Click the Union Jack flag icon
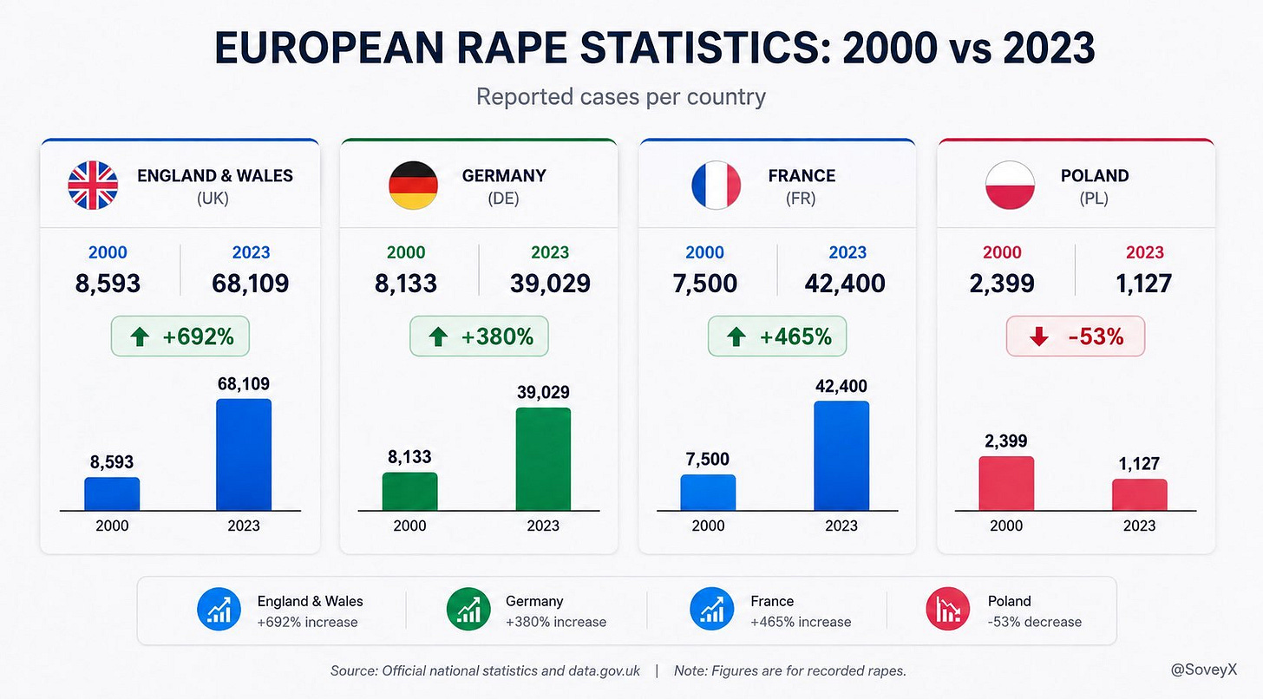(93, 186)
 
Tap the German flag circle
(413, 186)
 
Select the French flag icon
(717, 186)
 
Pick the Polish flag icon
(1010, 186)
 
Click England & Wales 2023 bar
(244, 455)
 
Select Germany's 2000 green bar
(410, 492)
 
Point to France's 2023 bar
(841, 456)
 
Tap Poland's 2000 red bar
(1006, 484)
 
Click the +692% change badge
(180, 336)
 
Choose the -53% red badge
(1076, 336)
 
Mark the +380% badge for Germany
(479, 336)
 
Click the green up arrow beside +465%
(736, 337)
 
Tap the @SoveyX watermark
(1204, 670)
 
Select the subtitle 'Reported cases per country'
(621, 97)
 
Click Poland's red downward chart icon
(948, 610)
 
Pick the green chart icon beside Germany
(468, 610)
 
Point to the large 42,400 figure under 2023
(845, 284)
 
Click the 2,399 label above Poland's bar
(1006, 441)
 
